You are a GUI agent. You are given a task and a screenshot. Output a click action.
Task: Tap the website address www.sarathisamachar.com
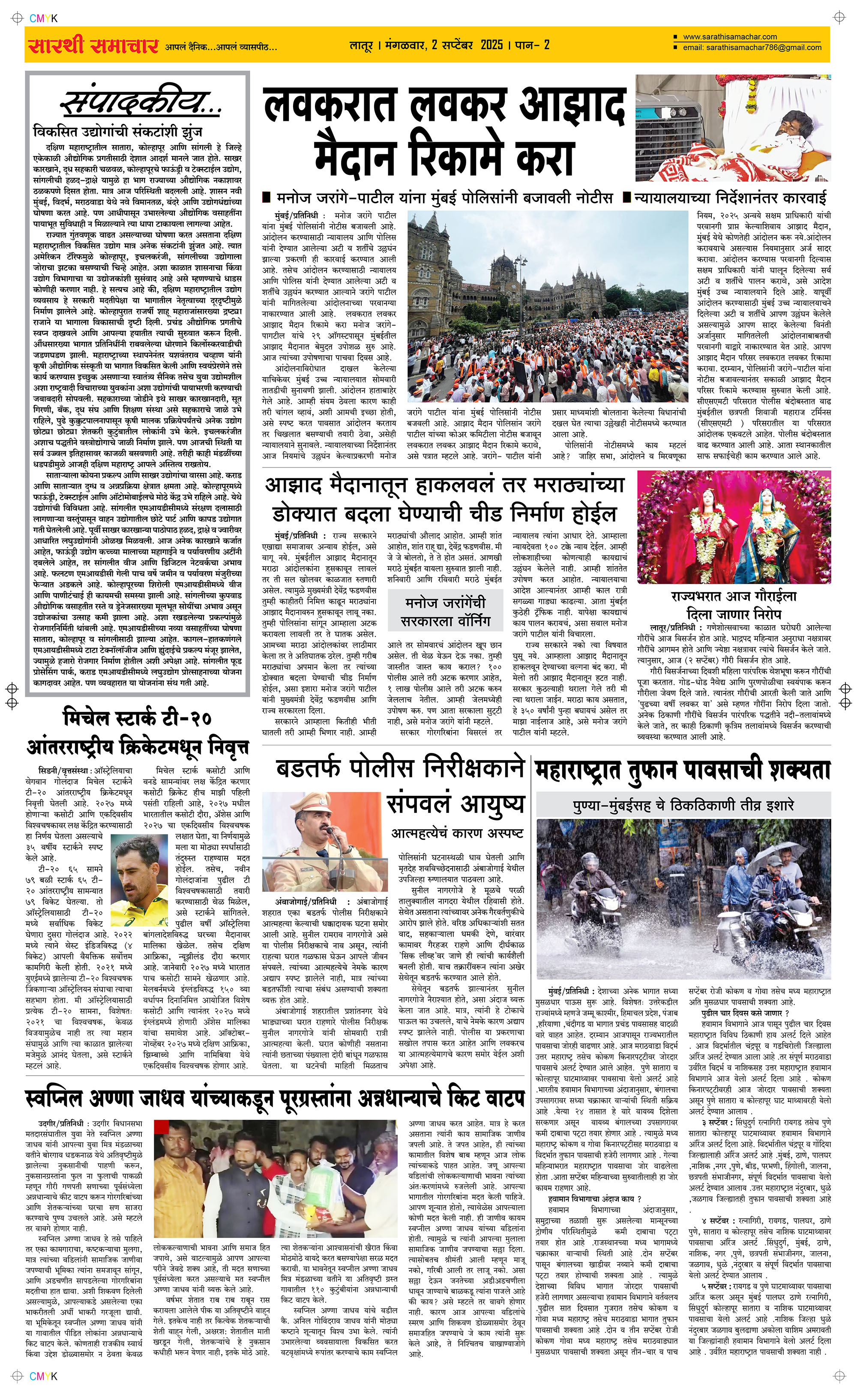pyautogui.click(x=730, y=37)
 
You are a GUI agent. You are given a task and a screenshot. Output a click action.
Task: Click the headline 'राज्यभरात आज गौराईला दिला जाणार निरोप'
pyautogui.click(x=734, y=605)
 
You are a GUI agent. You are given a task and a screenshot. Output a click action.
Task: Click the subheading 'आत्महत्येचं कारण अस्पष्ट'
pyautogui.click(x=457, y=833)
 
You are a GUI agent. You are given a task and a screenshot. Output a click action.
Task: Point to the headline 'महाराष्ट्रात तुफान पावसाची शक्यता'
pyautogui.click(x=683, y=770)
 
